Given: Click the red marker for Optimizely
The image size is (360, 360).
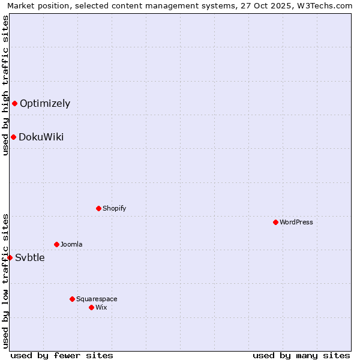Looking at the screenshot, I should point(14,103).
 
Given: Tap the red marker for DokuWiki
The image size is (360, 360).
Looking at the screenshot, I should point(13,137).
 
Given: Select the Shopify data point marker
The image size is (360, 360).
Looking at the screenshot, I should point(98,208).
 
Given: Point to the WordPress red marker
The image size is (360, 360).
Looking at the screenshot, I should point(275,222).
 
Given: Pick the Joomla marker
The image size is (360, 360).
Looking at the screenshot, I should point(56,244).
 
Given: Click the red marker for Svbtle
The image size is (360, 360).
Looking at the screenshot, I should point(10,257).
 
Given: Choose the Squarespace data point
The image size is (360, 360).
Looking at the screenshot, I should point(72,299).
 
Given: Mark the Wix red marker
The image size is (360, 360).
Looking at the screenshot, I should point(91,307).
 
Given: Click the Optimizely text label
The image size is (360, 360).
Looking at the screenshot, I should point(45,103).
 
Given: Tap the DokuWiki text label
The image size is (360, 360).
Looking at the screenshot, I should point(41,137).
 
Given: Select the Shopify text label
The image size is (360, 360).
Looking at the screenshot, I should point(114,208).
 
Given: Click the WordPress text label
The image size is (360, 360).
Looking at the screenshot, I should point(296,222).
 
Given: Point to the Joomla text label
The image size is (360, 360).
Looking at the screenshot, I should point(71,244).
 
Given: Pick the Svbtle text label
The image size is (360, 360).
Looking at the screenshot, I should point(30,258).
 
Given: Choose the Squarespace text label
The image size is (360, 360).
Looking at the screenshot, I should point(97,299).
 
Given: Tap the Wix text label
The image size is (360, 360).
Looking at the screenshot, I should point(101,307).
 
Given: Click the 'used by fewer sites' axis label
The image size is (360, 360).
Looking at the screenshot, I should point(62,355).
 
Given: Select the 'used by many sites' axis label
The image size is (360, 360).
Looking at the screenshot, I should point(301,355).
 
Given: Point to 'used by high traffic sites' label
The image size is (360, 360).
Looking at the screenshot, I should point(5,85).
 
